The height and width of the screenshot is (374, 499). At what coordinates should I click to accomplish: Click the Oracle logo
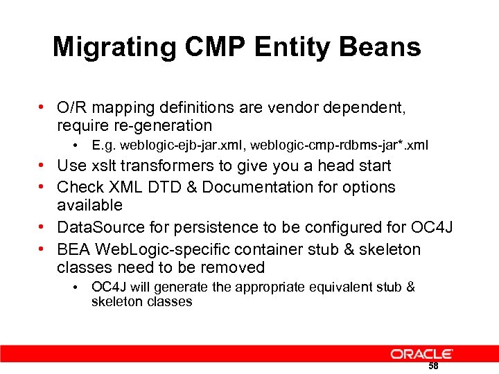coord(421,354)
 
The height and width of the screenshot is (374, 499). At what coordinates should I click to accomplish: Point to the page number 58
coord(433,366)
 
